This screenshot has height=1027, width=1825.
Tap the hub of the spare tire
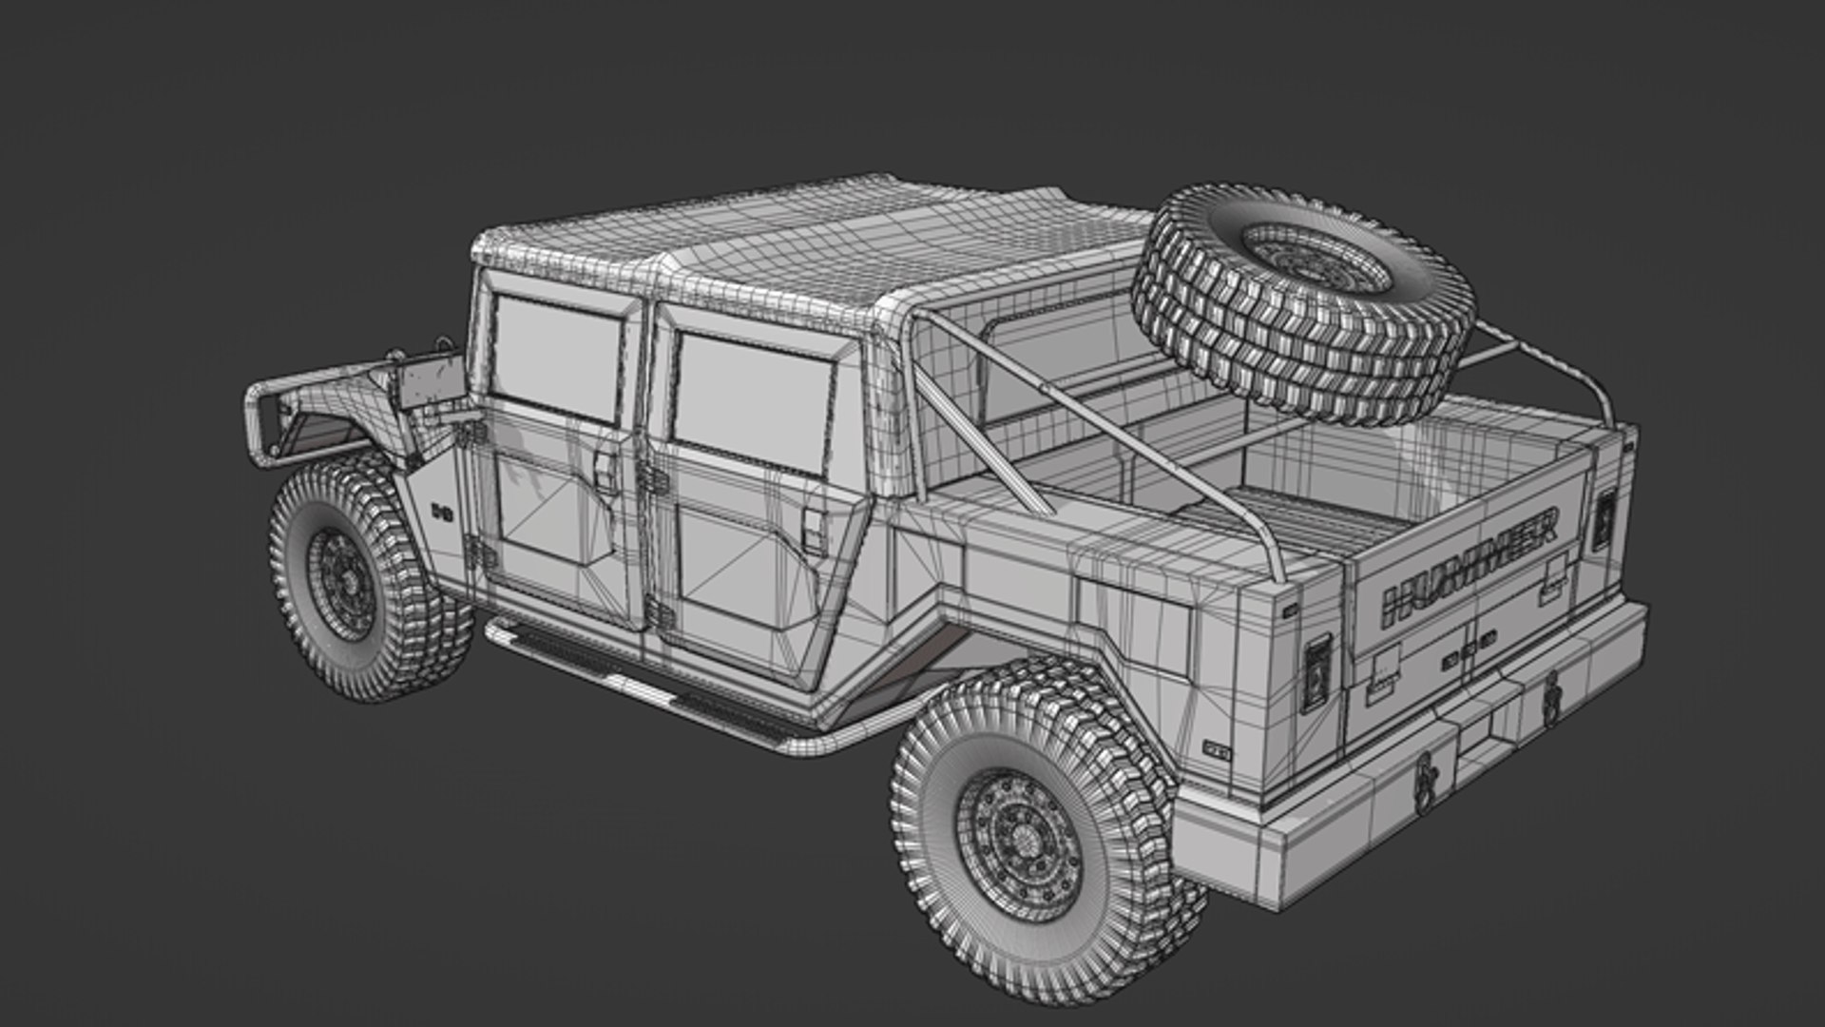pos(1316,257)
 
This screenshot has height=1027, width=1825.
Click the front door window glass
pos(556,357)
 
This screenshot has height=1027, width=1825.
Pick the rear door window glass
pos(751,399)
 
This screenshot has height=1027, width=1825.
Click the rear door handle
pos(815,533)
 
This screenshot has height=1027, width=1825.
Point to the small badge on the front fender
pos(441,512)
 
